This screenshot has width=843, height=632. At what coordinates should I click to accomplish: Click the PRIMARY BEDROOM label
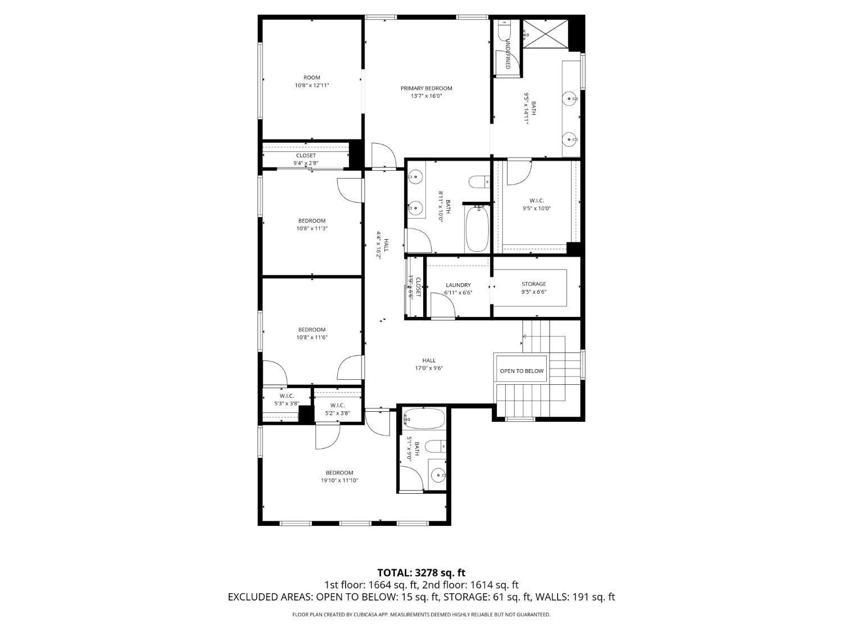[426, 88]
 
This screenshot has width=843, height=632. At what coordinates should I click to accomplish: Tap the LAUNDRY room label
[458, 285]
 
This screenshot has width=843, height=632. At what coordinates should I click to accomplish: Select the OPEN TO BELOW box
[522, 371]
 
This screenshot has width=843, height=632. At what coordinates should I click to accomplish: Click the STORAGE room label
[533, 284]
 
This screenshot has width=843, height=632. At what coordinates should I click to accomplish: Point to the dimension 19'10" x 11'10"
[339, 480]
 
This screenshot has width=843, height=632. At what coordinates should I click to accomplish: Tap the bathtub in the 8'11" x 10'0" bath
[477, 229]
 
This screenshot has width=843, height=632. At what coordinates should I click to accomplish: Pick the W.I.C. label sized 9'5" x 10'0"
[537, 201]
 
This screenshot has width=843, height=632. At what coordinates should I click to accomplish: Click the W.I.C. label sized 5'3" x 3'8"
[287, 396]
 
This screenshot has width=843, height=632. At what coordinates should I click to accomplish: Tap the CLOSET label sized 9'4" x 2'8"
[306, 156]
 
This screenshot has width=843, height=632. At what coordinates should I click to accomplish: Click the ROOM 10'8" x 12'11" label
[311, 78]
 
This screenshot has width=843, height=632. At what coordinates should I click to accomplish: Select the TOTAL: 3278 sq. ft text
[421, 573]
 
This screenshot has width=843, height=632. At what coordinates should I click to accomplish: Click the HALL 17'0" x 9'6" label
[429, 361]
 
